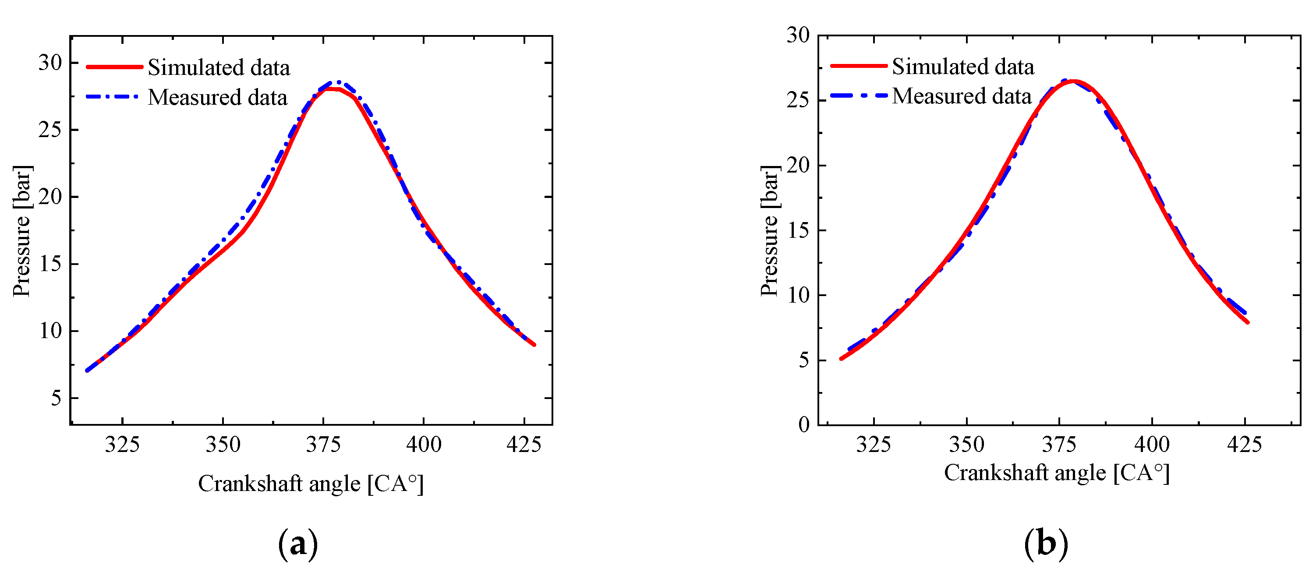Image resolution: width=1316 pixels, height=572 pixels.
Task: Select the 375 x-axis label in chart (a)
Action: coord(323,445)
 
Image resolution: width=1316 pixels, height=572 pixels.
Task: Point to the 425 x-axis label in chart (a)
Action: coord(524,445)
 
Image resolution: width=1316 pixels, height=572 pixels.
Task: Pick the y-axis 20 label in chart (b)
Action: coord(798,166)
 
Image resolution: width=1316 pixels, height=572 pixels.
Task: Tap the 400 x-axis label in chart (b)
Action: coord(1151,445)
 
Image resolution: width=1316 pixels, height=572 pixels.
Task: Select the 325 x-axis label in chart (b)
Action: coord(874,445)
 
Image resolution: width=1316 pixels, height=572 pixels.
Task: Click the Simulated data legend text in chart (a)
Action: coord(219,68)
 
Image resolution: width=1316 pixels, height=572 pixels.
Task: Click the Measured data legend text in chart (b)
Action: coord(962,96)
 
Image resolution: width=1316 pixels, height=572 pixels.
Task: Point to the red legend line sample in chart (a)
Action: coord(114,67)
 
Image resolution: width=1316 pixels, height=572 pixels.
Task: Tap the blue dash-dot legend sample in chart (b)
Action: coord(858,95)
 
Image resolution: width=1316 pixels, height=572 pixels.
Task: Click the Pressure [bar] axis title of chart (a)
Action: coord(22,231)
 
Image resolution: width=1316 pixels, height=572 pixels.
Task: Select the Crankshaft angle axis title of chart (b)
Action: coord(1057,473)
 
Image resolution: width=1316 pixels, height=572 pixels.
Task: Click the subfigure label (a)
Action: coord(298,544)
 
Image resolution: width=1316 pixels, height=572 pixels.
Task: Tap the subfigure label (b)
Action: coord(1046,544)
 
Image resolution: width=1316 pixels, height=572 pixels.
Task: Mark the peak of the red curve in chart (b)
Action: coord(1073,81)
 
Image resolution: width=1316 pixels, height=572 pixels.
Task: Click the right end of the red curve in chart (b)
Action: coord(1248,322)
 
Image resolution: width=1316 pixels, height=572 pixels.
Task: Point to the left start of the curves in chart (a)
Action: coord(87,370)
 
